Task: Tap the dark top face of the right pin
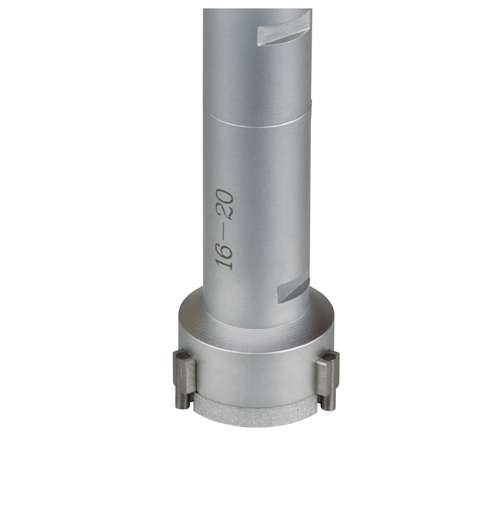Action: click(330, 357)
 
